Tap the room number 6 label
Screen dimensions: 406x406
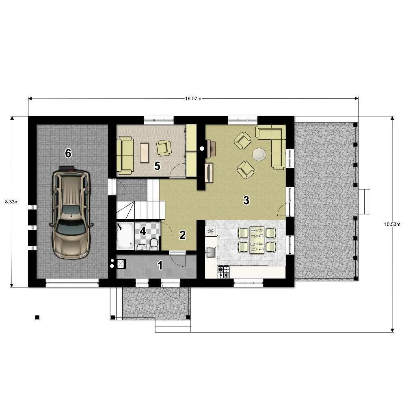68,153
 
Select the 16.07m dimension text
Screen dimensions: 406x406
193,99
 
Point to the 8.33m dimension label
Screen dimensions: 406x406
12,202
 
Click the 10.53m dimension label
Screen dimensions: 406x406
392,224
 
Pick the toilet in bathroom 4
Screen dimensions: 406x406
154,244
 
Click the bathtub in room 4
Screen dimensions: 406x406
125,236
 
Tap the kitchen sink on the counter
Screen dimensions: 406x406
211,252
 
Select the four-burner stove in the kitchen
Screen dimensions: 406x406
223,272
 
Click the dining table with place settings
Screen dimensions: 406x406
257,240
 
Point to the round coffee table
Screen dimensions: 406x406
259,154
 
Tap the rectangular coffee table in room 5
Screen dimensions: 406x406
145,153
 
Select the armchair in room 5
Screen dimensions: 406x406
164,148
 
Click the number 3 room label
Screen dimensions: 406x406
246,200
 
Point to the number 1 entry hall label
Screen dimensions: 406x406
160,266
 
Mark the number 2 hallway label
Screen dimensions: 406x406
183,235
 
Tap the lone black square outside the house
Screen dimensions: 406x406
37,317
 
